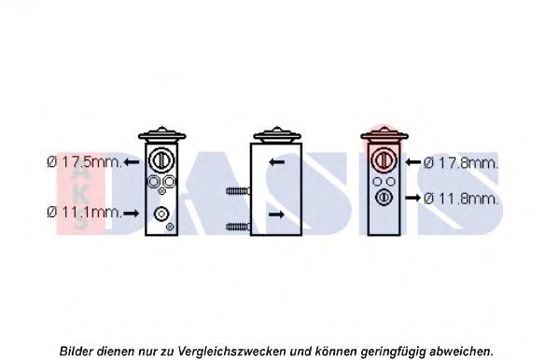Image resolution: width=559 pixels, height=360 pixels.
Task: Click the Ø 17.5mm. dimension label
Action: point(85,162)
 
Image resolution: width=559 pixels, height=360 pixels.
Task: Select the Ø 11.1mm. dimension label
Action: point(85,213)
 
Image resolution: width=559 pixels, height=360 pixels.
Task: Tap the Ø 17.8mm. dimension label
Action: point(461,163)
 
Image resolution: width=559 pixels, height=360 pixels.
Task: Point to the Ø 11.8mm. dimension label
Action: point(461,198)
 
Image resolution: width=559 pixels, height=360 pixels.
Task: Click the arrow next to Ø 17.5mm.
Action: point(132,162)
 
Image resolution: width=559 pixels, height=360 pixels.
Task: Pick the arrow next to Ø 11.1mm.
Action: point(132,214)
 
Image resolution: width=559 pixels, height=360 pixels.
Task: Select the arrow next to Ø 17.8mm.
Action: point(413,162)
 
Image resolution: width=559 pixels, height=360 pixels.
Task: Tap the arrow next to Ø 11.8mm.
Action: point(413,198)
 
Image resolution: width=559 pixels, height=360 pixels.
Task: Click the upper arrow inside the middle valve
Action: point(276,162)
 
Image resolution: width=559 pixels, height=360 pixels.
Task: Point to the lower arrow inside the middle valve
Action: point(276,215)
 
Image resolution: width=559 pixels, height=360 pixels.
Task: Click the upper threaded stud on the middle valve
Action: point(238,191)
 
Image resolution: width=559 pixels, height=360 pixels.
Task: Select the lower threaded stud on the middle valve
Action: point(238,227)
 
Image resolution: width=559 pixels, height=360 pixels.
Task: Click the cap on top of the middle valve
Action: point(277,135)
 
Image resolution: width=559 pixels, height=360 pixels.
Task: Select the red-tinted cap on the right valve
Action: point(384,135)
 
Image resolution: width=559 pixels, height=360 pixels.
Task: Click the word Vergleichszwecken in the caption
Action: point(231,351)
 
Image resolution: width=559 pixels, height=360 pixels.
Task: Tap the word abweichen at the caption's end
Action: point(461,351)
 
